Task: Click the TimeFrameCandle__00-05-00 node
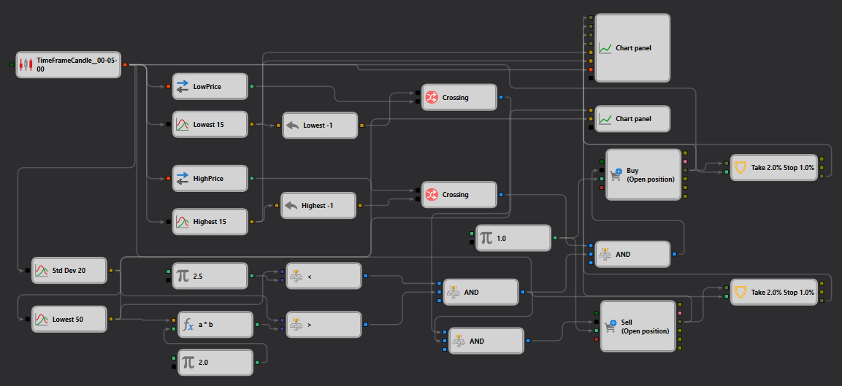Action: click(68, 65)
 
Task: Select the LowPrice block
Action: click(210, 86)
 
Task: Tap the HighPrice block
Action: click(210, 178)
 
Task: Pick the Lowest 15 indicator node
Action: click(210, 125)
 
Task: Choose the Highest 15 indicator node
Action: click(210, 221)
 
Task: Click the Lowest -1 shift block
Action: click(320, 125)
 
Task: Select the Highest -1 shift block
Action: click(318, 205)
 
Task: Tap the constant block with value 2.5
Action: click(210, 276)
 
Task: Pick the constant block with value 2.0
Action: click(215, 363)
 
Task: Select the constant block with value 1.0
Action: click(513, 238)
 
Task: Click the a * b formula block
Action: click(215, 324)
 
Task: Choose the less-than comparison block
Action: click(324, 276)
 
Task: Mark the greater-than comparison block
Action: click(324, 324)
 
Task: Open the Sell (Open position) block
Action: click(638, 326)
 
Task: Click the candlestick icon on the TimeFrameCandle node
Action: click(26, 65)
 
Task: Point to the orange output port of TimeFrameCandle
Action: click(125, 65)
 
